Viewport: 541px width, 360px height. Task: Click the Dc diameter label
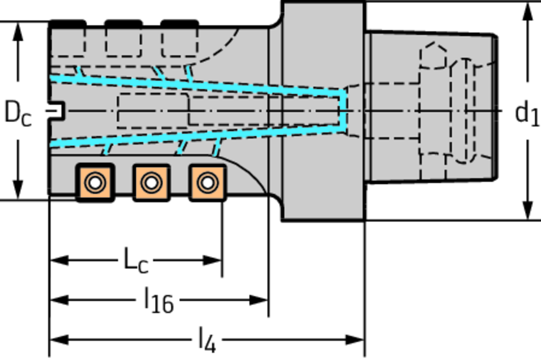pyautogui.click(x=17, y=113)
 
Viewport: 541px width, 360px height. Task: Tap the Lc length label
pyautogui.click(x=135, y=260)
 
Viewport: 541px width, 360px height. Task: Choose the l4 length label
pyautogui.click(x=207, y=340)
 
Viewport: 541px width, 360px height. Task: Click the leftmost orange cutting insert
pyautogui.click(x=95, y=183)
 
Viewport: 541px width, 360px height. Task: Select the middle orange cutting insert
pyautogui.click(x=151, y=183)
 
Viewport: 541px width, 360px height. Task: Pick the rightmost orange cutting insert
pyautogui.click(x=207, y=183)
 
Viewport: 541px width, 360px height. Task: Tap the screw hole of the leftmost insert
pyautogui.click(x=95, y=183)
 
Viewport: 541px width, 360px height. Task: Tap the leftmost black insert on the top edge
pyautogui.click(x=67, y=24)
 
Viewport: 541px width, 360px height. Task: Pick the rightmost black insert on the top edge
pyautogui.click(x=180, y=24)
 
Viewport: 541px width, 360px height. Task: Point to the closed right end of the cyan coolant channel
pyautogui.click(x=344, y=111)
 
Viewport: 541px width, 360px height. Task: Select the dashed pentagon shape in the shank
pyautogui.click(x=433, y=56)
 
